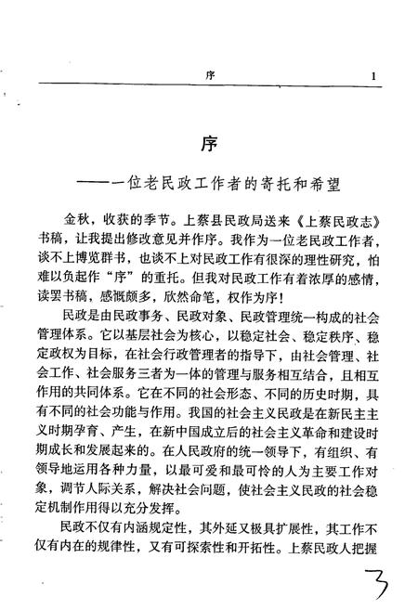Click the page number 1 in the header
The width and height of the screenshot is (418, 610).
372,77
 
